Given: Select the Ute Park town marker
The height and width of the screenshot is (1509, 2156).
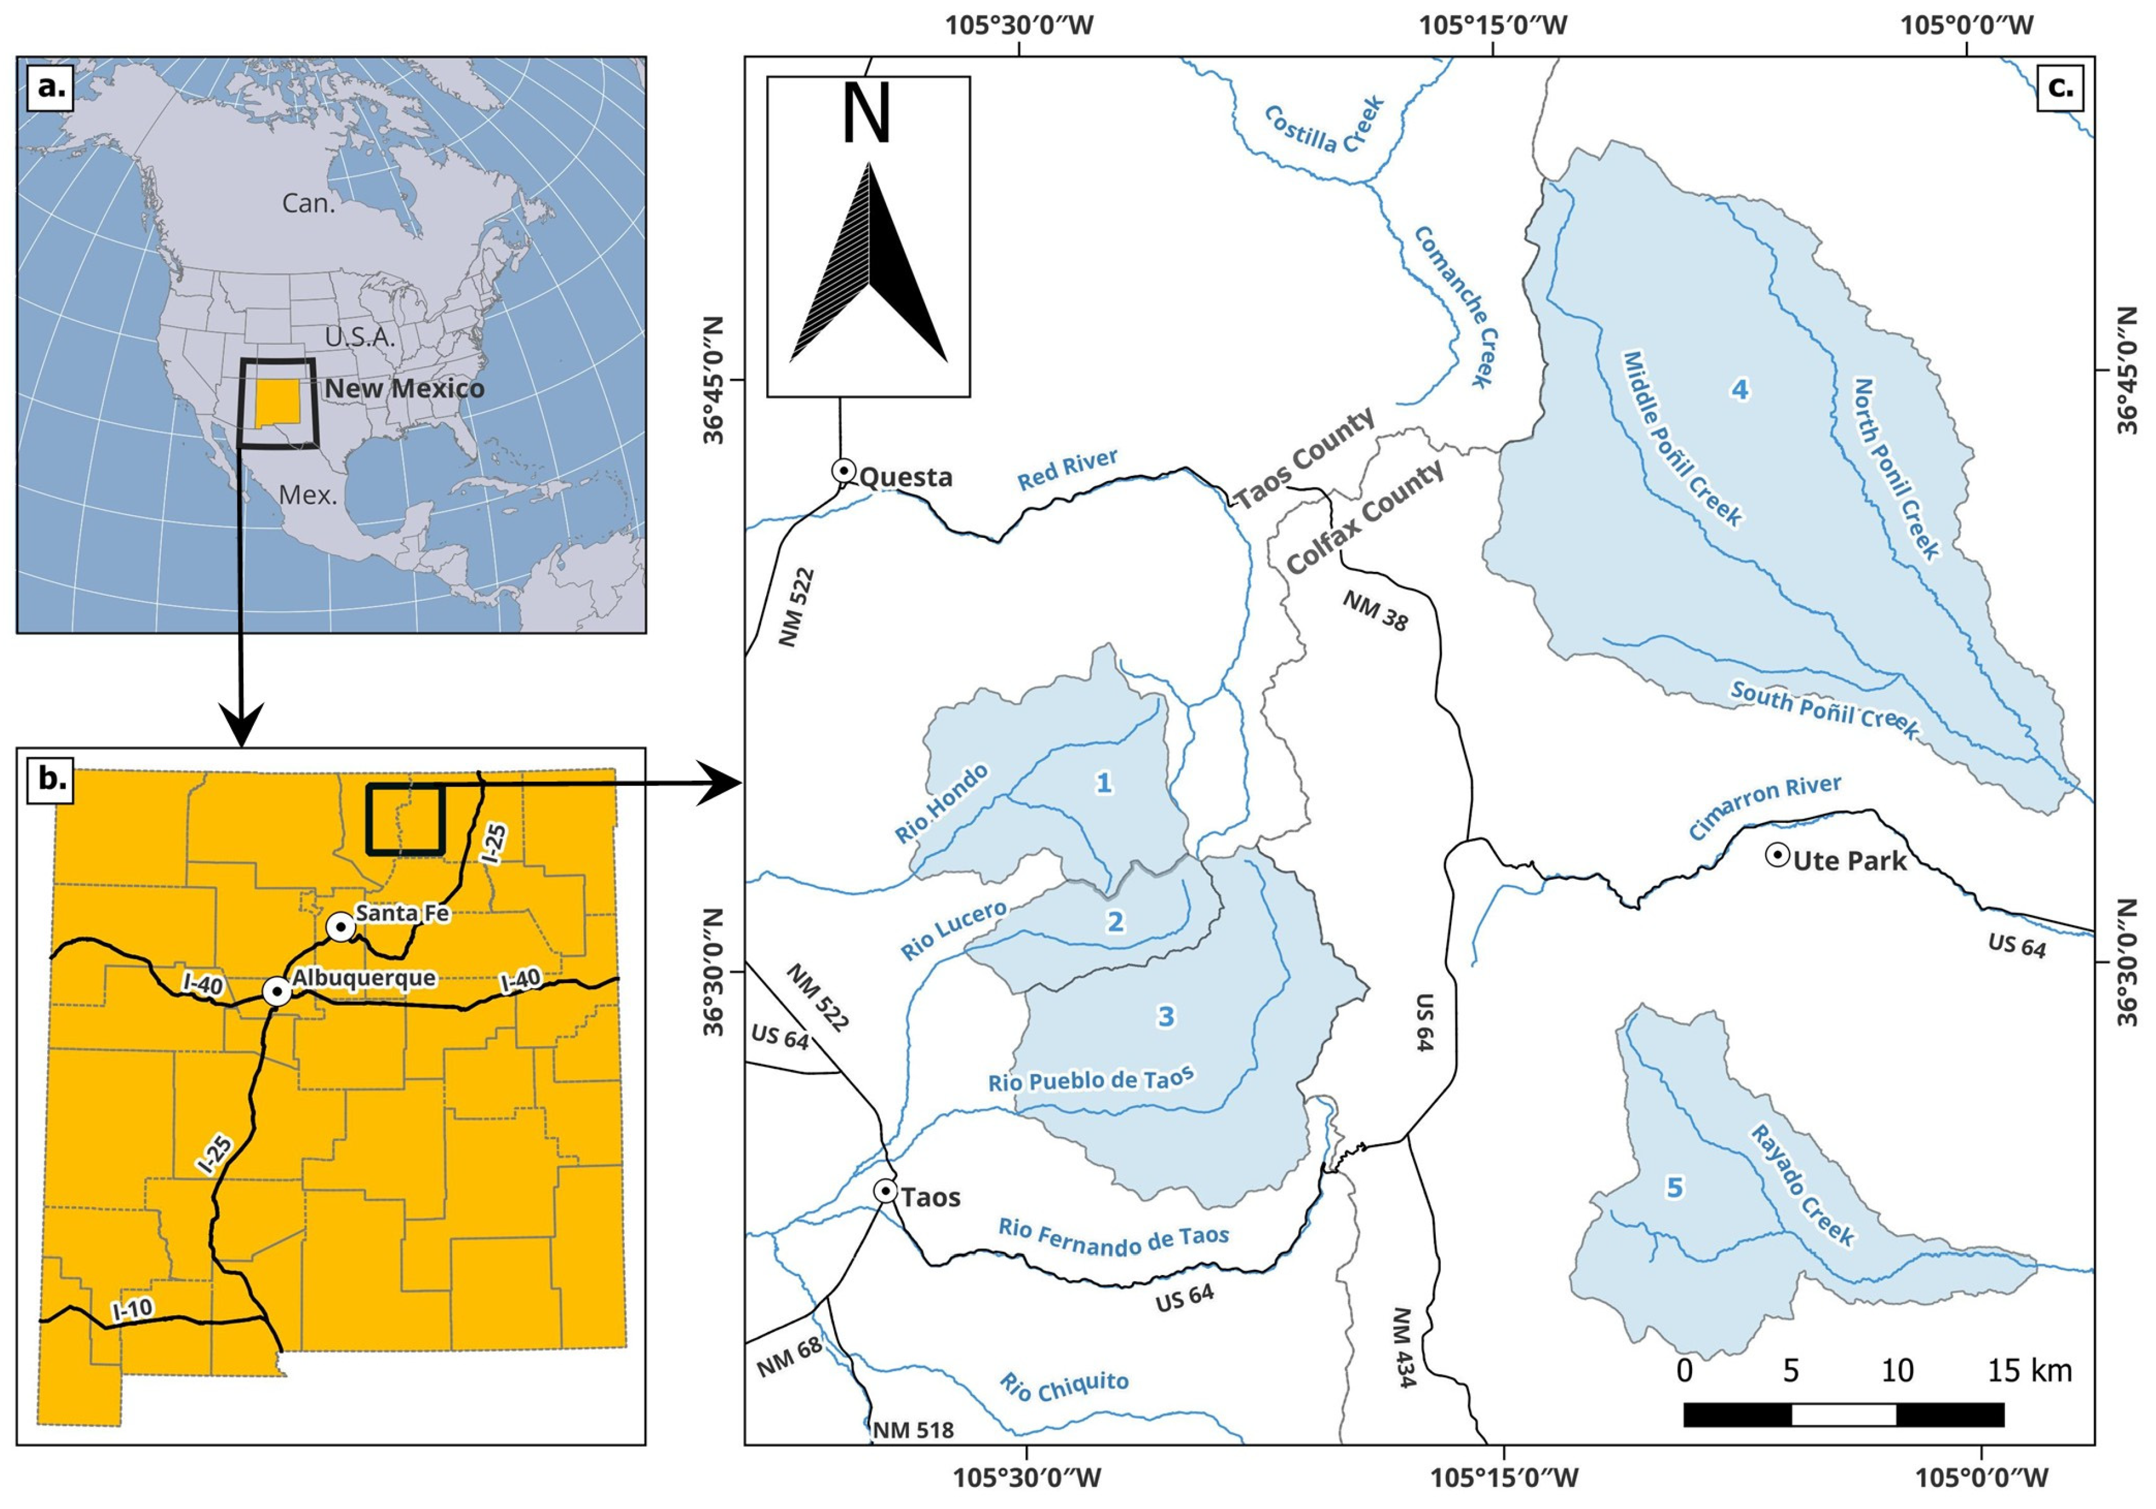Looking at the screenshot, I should (1777, 855).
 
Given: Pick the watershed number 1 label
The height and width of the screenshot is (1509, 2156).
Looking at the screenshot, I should (1104, 782).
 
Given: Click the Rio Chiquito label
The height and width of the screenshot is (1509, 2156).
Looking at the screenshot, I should (1063, 1386).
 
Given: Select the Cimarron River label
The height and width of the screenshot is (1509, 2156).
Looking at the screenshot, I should (1765, 806).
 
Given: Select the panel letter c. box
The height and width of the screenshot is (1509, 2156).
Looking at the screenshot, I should (2059, 88).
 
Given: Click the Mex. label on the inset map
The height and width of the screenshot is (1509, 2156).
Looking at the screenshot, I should (308, 494).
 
